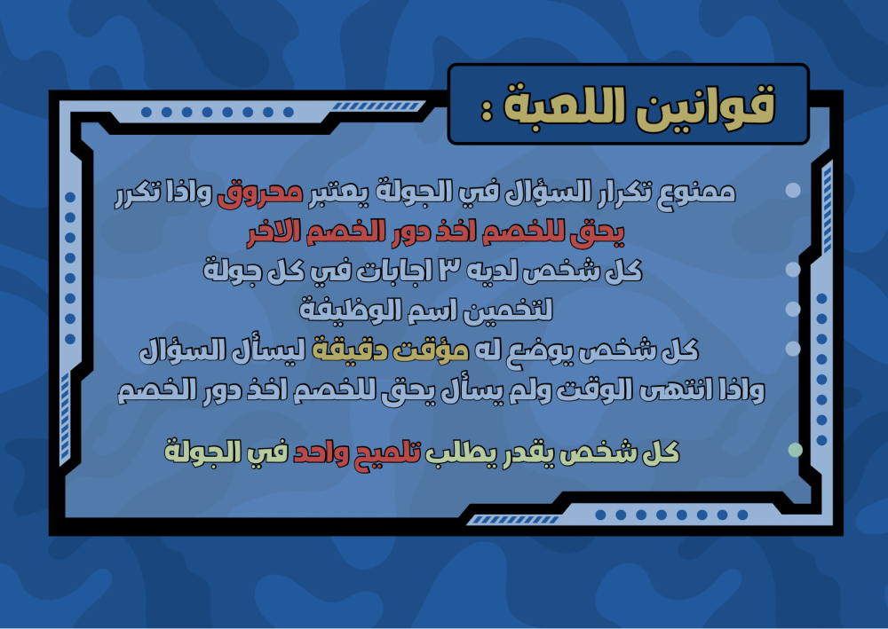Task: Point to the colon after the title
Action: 486,112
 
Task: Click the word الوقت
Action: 594,389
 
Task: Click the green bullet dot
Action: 795,451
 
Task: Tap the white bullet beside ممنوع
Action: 793,190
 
